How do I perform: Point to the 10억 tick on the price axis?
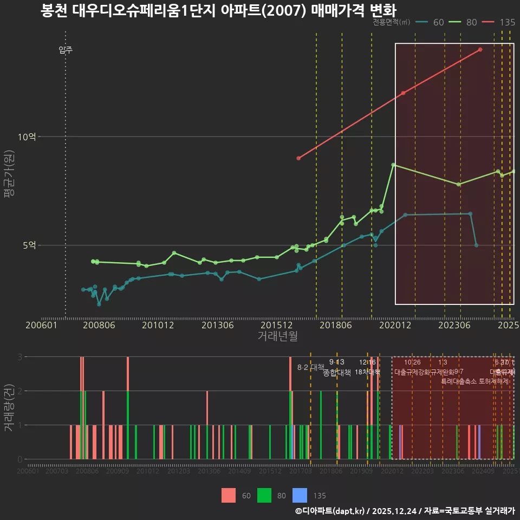click(27, 136)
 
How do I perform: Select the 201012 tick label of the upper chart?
click(158, 326)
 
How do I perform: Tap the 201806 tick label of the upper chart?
click(336, 326)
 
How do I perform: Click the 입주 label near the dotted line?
click(66, 50)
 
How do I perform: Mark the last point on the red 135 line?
click(480, 50)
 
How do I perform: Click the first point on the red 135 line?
click(298, 158)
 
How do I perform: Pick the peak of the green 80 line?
click(393, 165)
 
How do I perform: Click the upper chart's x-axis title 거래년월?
click(277, 336)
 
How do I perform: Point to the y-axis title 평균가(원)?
click(9, 179)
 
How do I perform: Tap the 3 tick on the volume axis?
click(19, 356)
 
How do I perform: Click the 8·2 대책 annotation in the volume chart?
click(310, 367)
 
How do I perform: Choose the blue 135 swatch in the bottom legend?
click(300, 495)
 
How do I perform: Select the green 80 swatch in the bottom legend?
click(264, 495)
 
